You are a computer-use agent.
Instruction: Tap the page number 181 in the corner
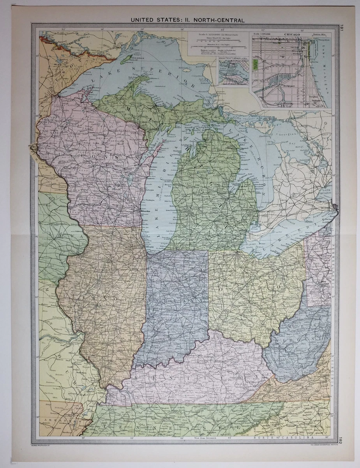(341, 28)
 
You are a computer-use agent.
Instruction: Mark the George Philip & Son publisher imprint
(45, 445)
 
